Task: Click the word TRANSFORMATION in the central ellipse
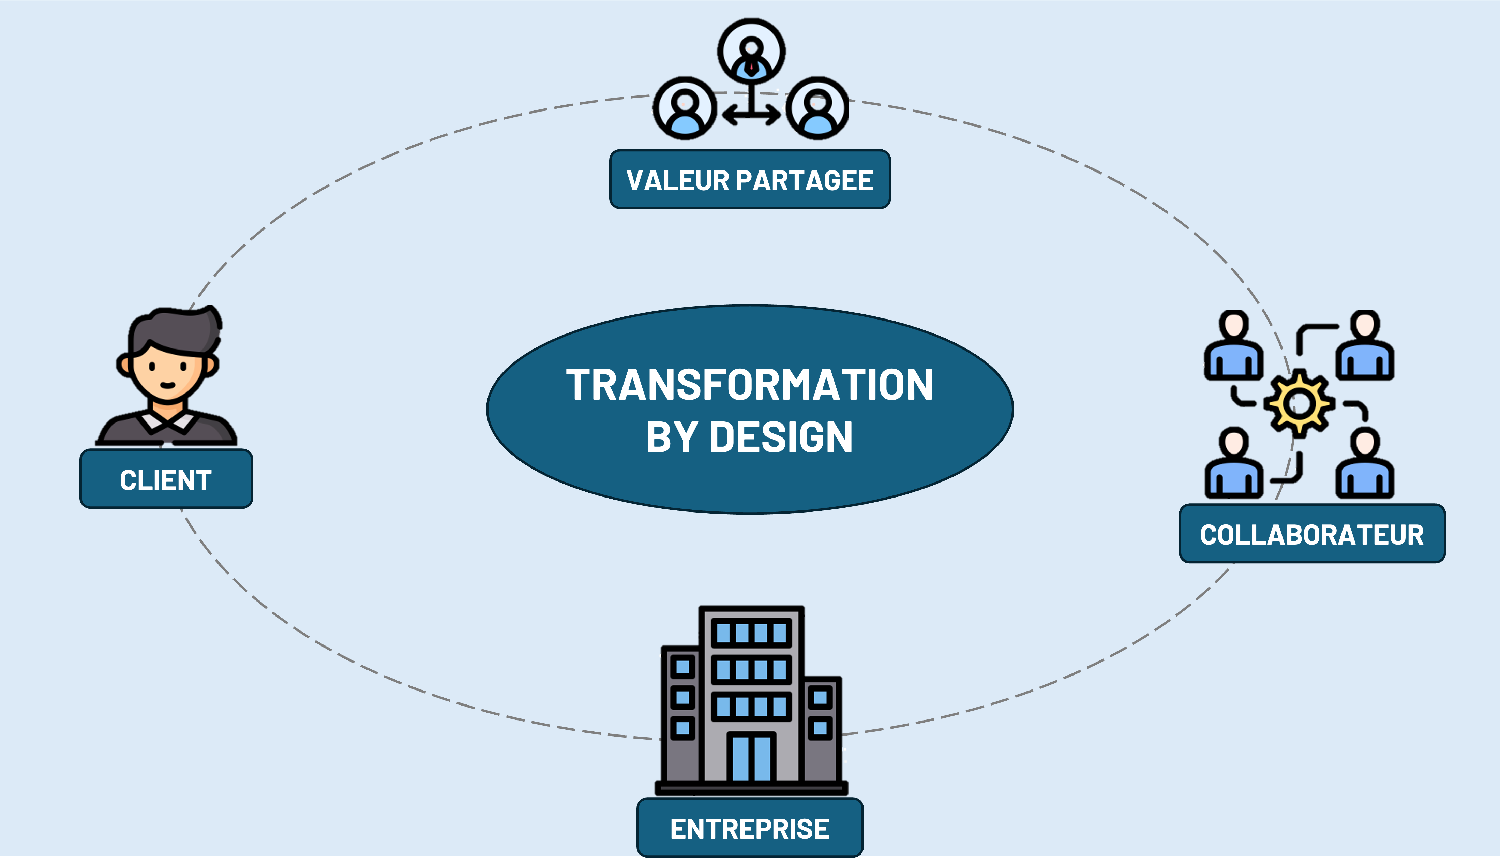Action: pyautogui.click(x=749, y=385)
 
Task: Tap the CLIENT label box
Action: pyautogui.click(x=166, y=479)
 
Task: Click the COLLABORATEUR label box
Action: pyautogui.click(x=1311, y=534)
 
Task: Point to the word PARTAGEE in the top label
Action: pyautogui.click(x=804, y=180)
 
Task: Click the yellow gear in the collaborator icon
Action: pyautogui.click(x=1299, y=404)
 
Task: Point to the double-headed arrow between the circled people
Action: pyautogui.click(x=751, y=115)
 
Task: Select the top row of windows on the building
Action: pyautogui.click(x=751, y=633)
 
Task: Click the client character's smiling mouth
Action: pyautogui.click(x=168, y=386)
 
